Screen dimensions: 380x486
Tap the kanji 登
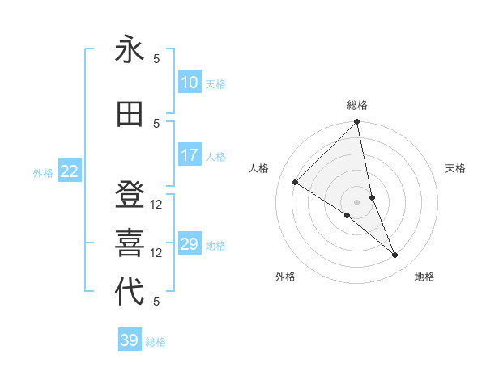click(130, 196)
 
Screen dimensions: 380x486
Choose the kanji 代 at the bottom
click(130, 291)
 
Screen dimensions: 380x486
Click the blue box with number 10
click(190, 82)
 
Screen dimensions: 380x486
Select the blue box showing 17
click(190, 155)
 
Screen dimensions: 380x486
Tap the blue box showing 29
click(190, 244)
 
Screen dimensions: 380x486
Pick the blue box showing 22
click(70, 171)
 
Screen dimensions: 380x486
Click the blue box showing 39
click(130, 340)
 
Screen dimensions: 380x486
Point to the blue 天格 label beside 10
click(215, 84)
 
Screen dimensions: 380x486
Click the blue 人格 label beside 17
click(215, 157)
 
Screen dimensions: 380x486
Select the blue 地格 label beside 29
click(215, 246)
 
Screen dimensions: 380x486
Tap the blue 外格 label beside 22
click(43, 172)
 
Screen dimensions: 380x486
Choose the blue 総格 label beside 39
click(156, 342)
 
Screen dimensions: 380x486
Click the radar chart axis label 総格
click(357, 105)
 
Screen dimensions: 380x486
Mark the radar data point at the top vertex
click(357, 123)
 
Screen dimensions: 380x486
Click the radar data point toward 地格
click(395, 255)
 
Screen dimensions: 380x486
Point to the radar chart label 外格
click(285, 277)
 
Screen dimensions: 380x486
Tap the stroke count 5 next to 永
click(157, 58)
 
